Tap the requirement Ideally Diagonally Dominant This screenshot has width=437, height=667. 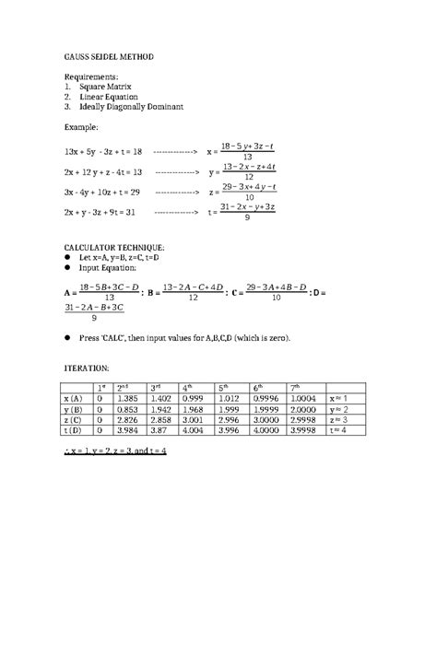point(131,107)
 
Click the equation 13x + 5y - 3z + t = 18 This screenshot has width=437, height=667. point(103,151)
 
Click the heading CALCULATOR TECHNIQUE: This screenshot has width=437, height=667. point(115,248)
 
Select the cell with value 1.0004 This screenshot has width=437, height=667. point(307,398)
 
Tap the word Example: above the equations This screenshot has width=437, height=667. point(80,127)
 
